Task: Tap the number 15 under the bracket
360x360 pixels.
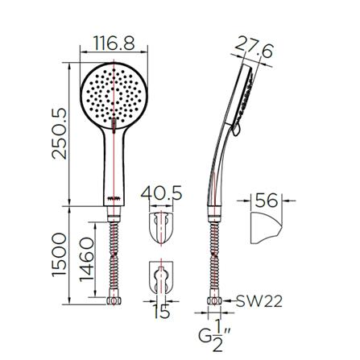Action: click(x=162, y=312)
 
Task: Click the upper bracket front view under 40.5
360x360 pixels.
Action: click(x=163, y=230)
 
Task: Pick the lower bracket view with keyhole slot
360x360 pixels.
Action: click(x=163, y=278)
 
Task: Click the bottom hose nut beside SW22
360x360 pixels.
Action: click(x=214, y=303)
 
